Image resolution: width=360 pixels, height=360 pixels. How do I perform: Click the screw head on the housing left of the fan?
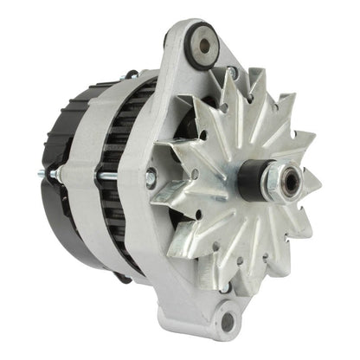tap(151, 179)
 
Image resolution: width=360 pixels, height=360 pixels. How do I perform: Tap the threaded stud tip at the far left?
tap(41, 175)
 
